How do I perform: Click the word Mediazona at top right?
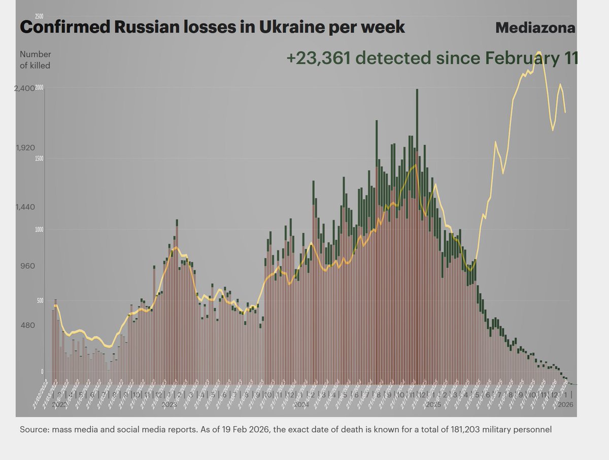[x=535, y=28]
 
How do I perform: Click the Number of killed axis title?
[x=35, y=60]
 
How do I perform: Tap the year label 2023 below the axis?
[x=170, y=405]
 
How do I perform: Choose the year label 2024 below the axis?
[x=301, y=405]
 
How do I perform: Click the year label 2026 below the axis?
[x=566, y=405]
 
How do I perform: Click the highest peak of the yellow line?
[x=538, y=52]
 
